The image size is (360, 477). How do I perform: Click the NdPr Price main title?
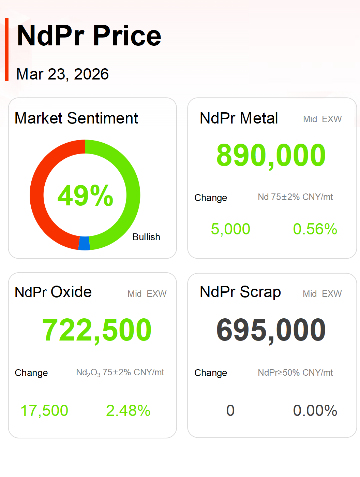[89, 36]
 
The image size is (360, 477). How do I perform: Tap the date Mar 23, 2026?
[62, 74]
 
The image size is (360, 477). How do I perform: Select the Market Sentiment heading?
[76, 118]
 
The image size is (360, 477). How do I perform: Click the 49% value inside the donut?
[85, 196]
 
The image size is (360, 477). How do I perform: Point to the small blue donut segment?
[84, 243]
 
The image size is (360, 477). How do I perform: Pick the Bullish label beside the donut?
[146, 237]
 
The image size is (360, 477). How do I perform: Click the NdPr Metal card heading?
[239, 118]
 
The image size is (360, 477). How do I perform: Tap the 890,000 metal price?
[271, 155]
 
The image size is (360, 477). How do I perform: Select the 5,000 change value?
[230, 229]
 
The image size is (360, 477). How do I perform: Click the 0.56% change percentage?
[315, 229]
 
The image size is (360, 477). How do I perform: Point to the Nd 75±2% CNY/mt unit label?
[295, 197]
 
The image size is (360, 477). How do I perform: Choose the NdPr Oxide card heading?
[53, 292]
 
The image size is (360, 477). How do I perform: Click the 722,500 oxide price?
[97, 330]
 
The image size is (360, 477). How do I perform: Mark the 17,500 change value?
[44, 410]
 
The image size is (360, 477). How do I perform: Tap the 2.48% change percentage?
[128, 410]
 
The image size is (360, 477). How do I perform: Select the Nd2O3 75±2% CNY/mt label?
[120, 373]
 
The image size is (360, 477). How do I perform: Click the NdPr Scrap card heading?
[240, 292]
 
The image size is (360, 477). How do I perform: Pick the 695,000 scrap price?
[271, 330]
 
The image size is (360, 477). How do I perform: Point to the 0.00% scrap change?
[315, 410]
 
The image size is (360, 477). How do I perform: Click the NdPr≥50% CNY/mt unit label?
[295, 373]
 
